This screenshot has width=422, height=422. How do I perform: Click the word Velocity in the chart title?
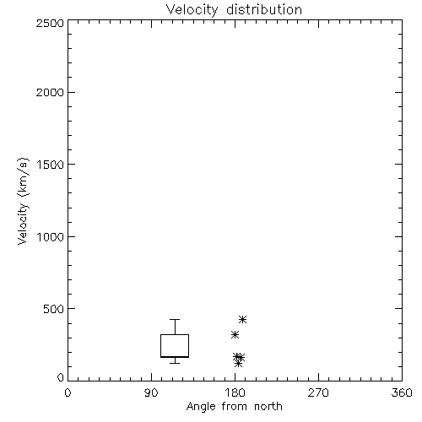click(x=192, y=10)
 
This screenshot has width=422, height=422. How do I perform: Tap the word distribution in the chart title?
click(x=264, y=10)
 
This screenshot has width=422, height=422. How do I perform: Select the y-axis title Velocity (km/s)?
click(x=23, y=201)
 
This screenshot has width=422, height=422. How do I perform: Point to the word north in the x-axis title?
click(x=268, y=406)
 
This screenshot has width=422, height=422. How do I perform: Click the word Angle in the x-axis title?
click(x=201, y=407)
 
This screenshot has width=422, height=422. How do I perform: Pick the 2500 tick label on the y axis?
click(x=50, y=23)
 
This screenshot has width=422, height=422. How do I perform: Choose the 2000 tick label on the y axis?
click(x=50, y=92)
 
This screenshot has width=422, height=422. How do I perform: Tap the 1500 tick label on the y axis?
click(x=51, y=165)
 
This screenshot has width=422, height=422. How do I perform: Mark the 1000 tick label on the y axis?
click(x=51, y=236)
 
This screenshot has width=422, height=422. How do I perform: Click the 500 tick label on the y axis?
click(x=53, y=309)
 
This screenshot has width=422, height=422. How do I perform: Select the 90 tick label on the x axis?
click(x=151, y=392)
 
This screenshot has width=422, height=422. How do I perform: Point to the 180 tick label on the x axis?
click(x=235, y=392)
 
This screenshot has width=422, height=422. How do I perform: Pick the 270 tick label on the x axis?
click(x=318, y=392)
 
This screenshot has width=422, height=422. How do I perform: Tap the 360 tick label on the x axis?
click(x=402, y=392)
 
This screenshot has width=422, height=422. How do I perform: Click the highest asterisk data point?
click(x=242, y=320)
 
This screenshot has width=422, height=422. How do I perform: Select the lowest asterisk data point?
click(x=238, y=364)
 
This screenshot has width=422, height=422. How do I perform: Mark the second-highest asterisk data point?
click(x=235, y=335)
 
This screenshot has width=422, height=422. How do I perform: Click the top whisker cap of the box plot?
click(x=175, y=320)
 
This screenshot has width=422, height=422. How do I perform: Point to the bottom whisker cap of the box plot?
click(x=175, y=363)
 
